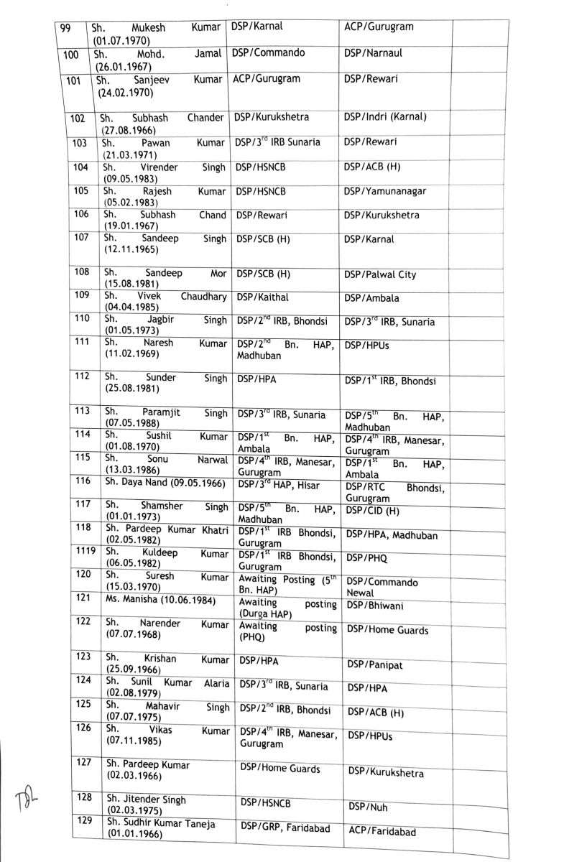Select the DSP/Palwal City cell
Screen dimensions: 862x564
click(380, 274)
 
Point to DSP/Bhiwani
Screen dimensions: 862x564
click(375, 606)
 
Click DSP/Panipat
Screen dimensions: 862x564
click(374, 665)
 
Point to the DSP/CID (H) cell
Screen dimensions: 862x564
click(375, 510)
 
